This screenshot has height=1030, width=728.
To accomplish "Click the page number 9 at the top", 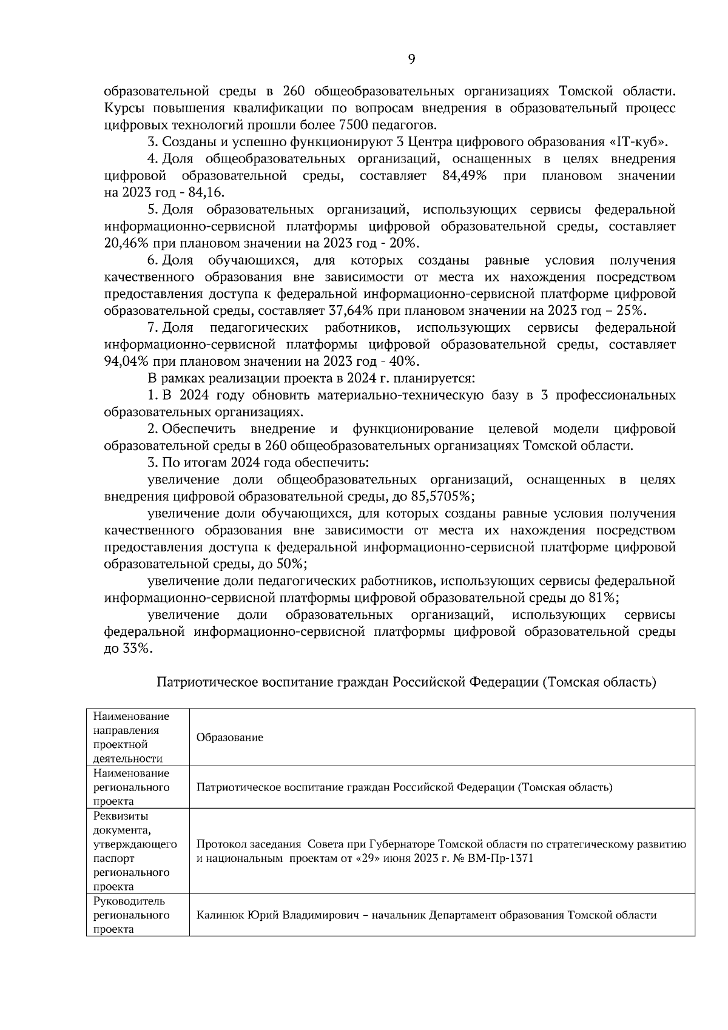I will point(412,59).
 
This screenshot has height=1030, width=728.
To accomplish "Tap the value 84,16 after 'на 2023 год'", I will point(207,193).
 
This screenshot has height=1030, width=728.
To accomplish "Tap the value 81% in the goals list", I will point(603,597).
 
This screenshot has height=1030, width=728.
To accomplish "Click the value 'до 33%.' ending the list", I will point(128,648).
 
